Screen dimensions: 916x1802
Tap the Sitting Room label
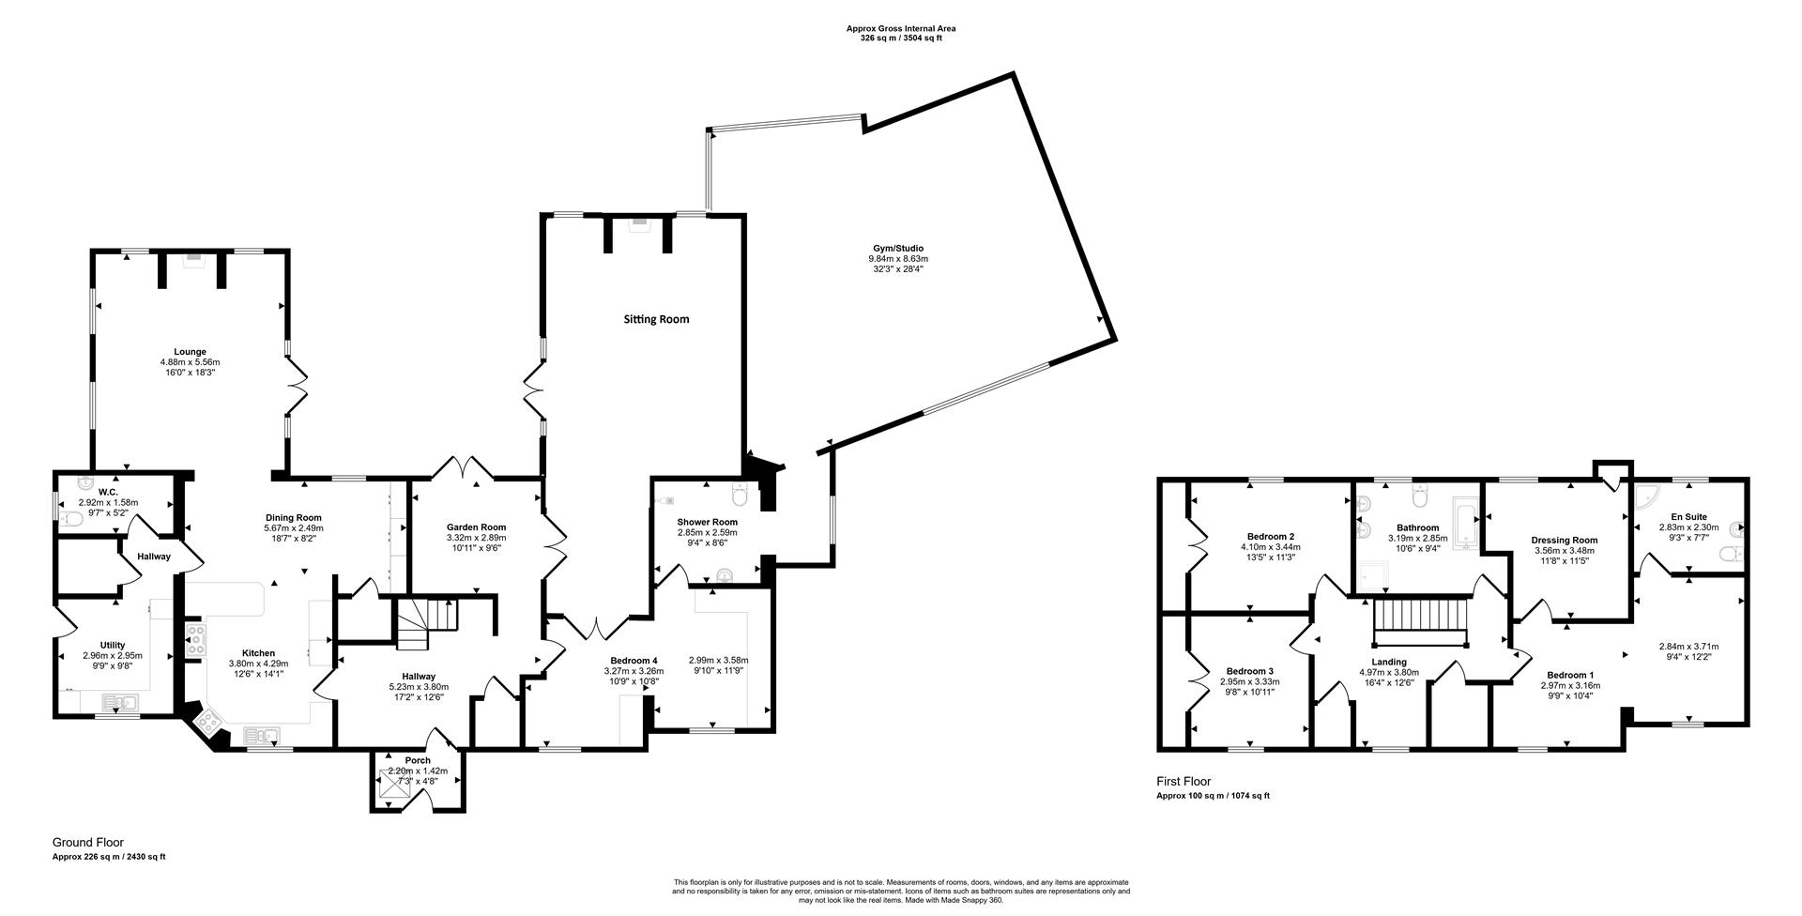pyautogui.click(x=656, y=319)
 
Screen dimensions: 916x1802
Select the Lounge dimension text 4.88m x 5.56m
pyautogui.click(x=190, y=362)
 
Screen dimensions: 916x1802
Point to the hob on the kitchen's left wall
pyautogui.click(x=195, y=638)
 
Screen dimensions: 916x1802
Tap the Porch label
pyautogui.click(x=418, y=760)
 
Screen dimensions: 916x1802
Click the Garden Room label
pyautogui.click(x=476, y=527)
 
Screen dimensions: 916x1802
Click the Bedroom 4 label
pyautogui.click(x=634, y=660)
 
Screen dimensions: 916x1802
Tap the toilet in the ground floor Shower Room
pyautogui.click(x=739, y=494)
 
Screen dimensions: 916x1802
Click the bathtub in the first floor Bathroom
pyautogui.click(x=1464, y=525)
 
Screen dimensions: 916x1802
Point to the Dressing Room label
pyautogui.click(x=1564, y=540)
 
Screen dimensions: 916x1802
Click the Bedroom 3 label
pyautogui.click(x=1249, y=671)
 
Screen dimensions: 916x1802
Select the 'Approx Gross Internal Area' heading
pyautogui.click(x=900, y=29)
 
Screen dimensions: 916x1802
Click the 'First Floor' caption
pyautogui.click(x=1184, y=781)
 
